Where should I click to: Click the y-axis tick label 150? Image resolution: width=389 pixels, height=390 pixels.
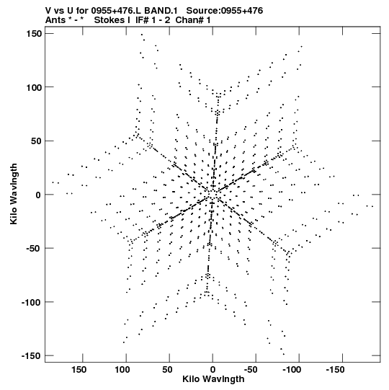coord(34,34)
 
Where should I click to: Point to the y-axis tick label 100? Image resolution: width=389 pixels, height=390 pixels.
coord(34,87)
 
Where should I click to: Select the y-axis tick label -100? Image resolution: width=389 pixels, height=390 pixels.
coord(31,302)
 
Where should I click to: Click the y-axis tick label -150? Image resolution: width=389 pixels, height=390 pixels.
coord(31,356)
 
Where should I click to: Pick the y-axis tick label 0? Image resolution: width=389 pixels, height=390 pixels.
coord(38,195)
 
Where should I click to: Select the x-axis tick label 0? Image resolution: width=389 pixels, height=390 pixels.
coord(213,370)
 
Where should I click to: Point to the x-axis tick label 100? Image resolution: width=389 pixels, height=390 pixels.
coord(122,370)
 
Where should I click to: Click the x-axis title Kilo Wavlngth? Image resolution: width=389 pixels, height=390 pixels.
coord(213,379)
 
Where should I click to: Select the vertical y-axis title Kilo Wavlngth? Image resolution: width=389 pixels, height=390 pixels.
coord(14,194)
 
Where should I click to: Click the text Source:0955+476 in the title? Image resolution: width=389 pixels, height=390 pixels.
coord(225,11)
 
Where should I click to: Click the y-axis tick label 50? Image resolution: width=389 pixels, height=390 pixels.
coord(36,141)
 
